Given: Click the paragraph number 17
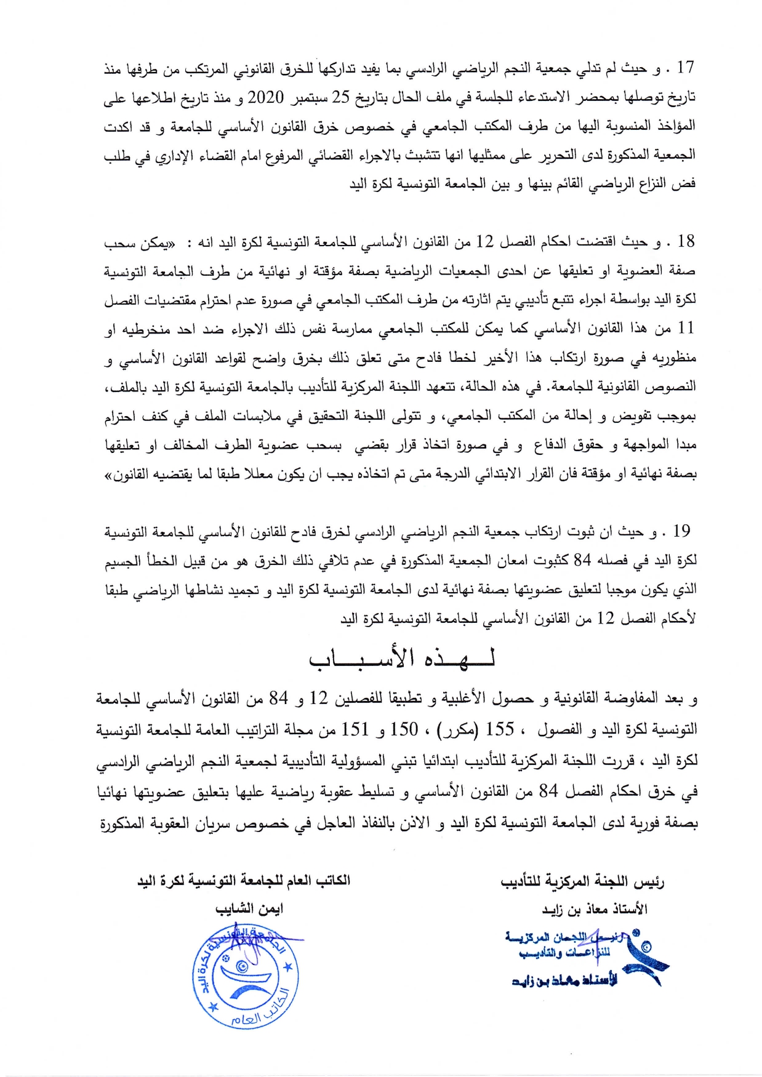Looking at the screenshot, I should point(684,68).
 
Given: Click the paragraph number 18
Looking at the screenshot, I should point(685,241).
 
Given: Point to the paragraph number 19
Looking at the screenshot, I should point(681,531).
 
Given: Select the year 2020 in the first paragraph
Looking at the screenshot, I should point(265,97).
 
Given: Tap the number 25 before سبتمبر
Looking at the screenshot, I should point(340,97).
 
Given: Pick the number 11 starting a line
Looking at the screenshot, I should point(685,328).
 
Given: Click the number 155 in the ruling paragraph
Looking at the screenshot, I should point(500,729).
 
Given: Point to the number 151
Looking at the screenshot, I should point(355,729).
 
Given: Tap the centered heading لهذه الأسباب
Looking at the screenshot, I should point(402,660).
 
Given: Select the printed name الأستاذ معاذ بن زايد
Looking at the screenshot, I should point(594,909).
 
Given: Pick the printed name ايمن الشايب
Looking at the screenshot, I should point(249,909).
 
